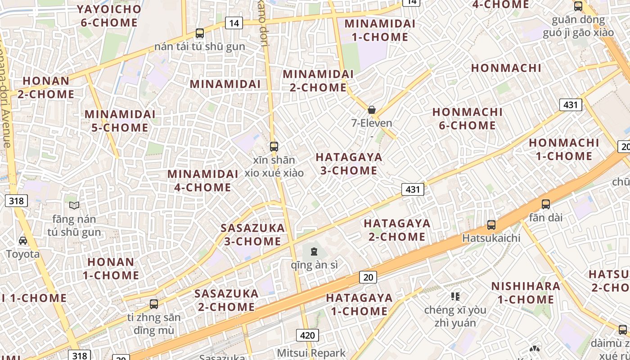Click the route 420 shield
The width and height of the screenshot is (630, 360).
[307, 335]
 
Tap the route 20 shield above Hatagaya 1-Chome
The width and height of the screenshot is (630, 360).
[368, 277]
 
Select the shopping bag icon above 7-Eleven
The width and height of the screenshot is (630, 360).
[372, 110]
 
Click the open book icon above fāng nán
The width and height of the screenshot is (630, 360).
[74, 206]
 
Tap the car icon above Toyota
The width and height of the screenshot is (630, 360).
[23, 241]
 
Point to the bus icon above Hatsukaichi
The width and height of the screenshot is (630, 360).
[491, 225]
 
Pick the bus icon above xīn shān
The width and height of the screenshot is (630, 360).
[274, 146]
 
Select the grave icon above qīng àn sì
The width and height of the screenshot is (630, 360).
[314, 251]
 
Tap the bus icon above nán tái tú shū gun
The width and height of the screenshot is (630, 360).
[200, 33]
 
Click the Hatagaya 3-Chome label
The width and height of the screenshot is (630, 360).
[349, 164]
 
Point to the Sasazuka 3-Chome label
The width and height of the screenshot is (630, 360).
[252, 234]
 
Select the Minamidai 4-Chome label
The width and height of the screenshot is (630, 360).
[202, 180]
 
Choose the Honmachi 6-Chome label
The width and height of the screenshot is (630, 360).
[468, 118]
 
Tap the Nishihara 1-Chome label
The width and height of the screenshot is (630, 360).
[526, 292]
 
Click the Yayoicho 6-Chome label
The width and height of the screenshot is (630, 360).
[109, 16]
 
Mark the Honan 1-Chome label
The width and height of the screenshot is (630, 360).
[111, 268]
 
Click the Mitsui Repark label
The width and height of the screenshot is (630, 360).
[311, 353]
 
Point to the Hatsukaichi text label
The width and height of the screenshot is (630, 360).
[491, 238]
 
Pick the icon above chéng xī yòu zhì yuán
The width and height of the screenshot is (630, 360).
[455, 296]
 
